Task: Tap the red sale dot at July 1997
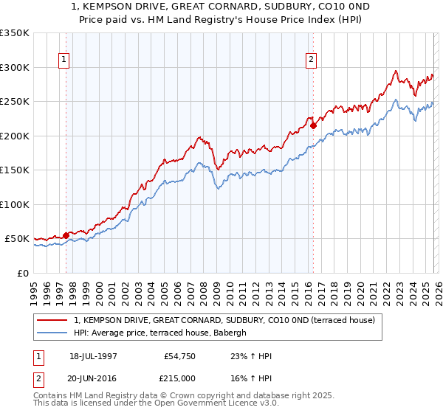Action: click(x=66, y=236)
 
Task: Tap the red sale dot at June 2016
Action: click(x=313, y=125)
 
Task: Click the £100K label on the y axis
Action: click(x=15, y=204)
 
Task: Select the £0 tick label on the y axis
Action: click(x=22, y=273)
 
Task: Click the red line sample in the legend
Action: click(x=52, y=320)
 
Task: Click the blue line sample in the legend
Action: click(x=52, y=333)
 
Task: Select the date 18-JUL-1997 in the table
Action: click(x=93, y=356)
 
